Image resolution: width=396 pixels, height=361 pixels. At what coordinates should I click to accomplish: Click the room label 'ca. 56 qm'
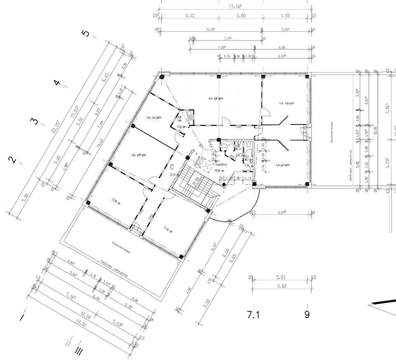tap(216, 98)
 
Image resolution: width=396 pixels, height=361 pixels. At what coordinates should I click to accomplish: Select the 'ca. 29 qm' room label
tap(286, 103)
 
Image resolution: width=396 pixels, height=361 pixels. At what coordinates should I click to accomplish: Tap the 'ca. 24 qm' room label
tap(154, 117)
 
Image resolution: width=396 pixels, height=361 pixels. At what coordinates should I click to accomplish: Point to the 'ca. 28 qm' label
tap(139, 155)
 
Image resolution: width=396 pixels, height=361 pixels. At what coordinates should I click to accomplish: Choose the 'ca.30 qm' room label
tap(283, 165)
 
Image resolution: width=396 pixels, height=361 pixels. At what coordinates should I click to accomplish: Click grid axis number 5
tap(86, 33)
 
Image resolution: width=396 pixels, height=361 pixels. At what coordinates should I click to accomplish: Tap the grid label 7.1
tap(253, 315)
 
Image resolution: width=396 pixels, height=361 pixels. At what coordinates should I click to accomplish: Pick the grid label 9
tap(307, 314)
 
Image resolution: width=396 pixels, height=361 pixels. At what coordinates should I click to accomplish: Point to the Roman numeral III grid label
tap(78, 351)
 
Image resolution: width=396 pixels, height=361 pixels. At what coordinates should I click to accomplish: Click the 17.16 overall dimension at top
tap(235, 7)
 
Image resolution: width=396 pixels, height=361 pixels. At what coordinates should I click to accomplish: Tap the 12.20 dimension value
tap(86, 316)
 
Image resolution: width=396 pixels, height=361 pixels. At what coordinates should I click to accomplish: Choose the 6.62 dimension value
tap(282, 286)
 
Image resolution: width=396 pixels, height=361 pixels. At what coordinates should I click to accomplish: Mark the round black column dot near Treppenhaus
tap(224, 185)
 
